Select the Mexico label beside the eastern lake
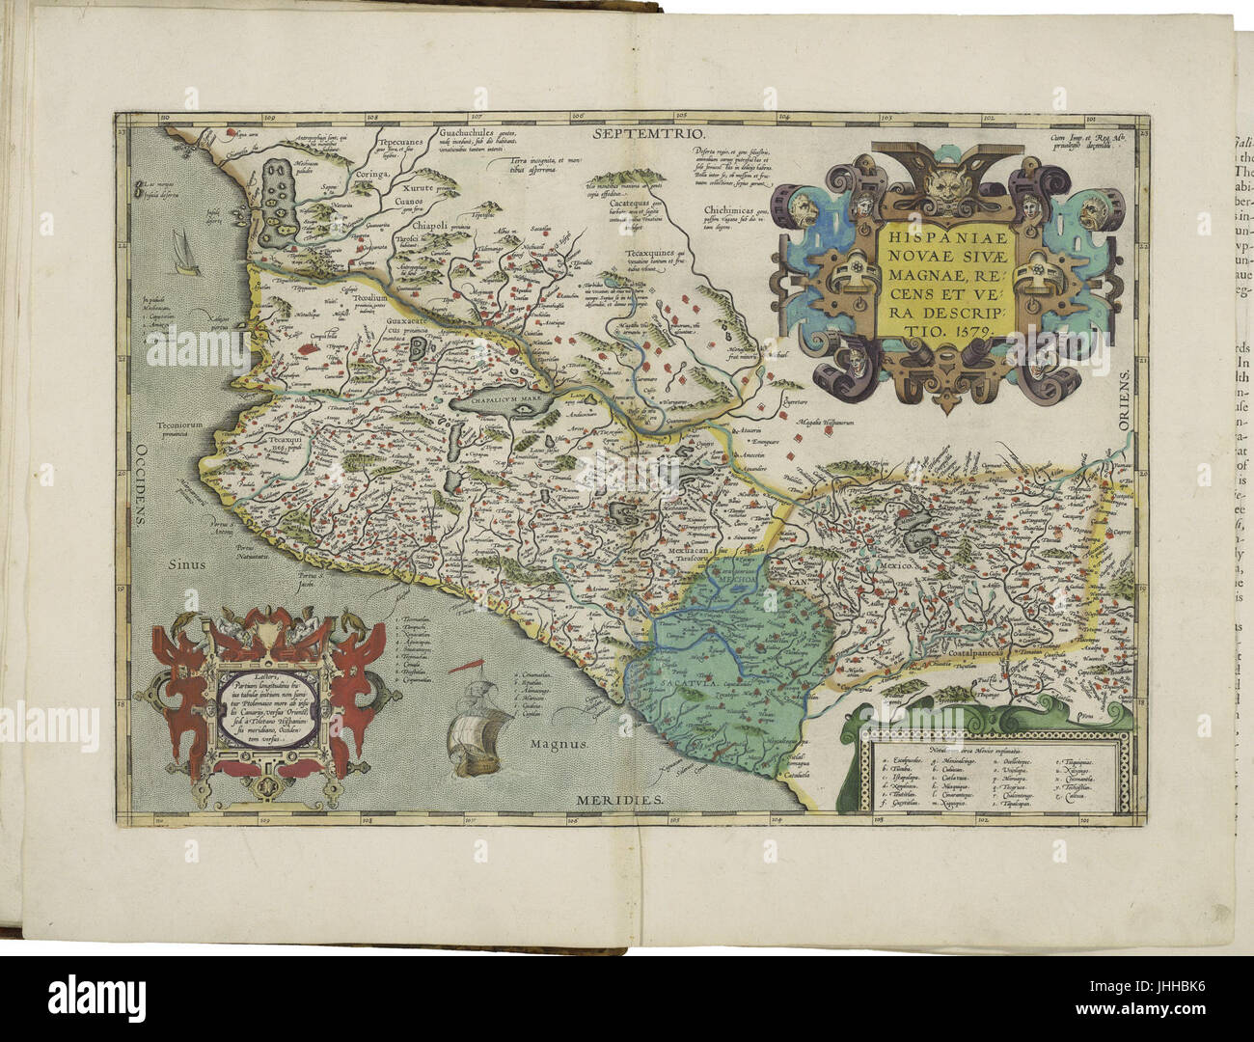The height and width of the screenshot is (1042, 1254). [896, 565]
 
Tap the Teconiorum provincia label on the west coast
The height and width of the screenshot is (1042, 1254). [164, 426]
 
